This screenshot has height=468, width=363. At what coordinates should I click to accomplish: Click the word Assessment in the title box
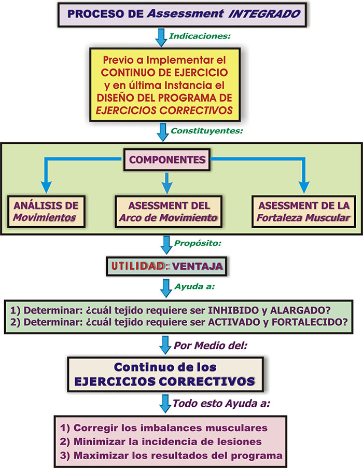[185, 13]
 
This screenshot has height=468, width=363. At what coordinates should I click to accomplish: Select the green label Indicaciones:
[200, 36]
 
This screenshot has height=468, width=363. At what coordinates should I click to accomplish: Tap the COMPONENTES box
[167, 160]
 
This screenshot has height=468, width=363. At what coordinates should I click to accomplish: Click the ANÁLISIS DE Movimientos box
[46, 211]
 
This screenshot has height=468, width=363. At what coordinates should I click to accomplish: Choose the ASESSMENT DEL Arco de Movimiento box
[169, 211]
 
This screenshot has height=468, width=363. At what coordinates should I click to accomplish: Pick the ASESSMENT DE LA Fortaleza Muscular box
[304, 211]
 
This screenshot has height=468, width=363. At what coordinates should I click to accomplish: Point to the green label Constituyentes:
[207, 131]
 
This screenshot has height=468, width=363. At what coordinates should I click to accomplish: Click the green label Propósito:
[198, 243]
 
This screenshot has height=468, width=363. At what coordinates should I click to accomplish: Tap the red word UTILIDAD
[138, 266]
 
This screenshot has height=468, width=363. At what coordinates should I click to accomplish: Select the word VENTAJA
[198, 266]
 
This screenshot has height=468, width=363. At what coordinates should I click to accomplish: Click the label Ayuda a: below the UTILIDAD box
[194, 286]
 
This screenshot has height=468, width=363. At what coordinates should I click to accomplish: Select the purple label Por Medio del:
[211, 346]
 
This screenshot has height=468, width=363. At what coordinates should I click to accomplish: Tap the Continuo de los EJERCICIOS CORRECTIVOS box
[165, 374]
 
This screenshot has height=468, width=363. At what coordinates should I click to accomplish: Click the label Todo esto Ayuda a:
[221, 404]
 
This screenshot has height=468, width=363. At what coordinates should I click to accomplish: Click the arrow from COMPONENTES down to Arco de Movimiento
[167, 183]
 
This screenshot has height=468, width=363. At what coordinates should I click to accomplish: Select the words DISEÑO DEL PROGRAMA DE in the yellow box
[164, 98]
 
